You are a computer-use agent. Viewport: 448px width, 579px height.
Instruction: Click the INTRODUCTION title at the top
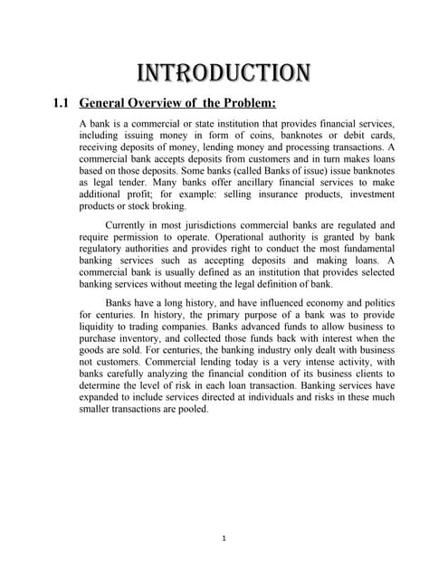pyautogui.click(x=223, y=71)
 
